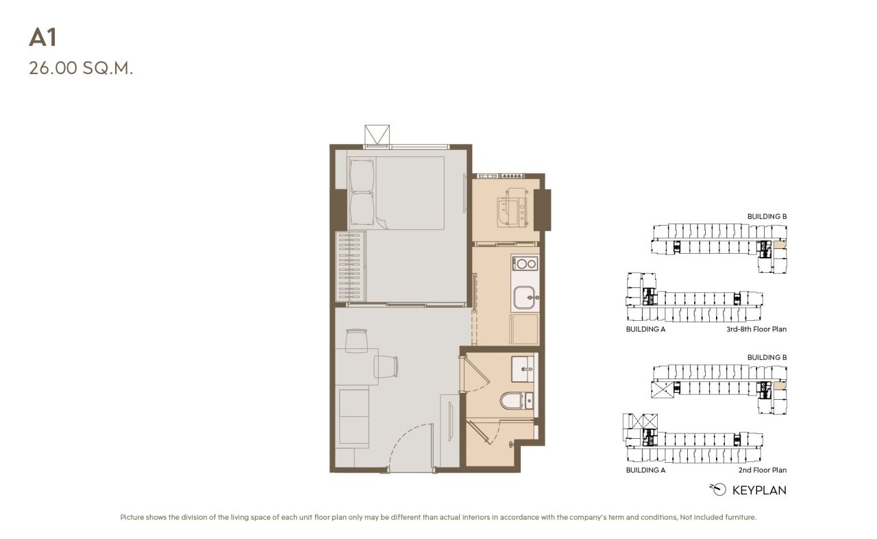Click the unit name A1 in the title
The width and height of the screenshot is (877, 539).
point(42,38)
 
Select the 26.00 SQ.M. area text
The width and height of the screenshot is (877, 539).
point(80,69)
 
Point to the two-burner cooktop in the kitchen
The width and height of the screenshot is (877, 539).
point(525,263)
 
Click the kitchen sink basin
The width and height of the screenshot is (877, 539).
point(525,298)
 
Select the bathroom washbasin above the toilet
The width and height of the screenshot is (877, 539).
point(523,368)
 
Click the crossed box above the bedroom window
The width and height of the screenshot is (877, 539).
point(377,134)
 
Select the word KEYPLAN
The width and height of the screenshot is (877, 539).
point(759,490)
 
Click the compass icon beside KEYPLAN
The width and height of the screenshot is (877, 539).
point(718,489)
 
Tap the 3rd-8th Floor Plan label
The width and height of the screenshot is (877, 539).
point(756,329)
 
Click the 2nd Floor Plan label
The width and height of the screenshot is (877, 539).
point(762,470)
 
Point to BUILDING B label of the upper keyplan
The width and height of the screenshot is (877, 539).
point(767,217)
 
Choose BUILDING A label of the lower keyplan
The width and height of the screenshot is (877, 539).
point(645,470)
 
